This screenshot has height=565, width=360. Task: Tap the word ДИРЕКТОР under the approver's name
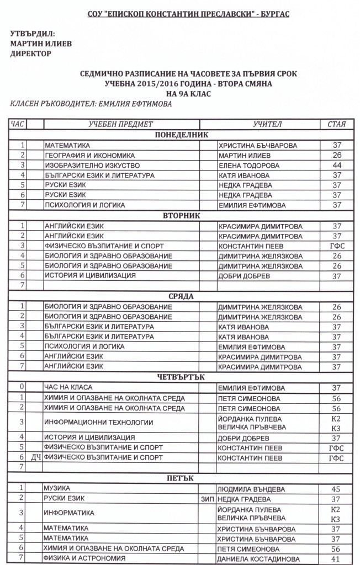click(31, 54)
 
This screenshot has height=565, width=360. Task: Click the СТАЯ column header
click(336, 124)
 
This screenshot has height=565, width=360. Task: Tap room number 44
click(336, 165)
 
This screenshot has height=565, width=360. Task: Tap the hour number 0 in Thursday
click(22, 388)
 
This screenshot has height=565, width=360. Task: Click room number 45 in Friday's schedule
click(336, 489)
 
